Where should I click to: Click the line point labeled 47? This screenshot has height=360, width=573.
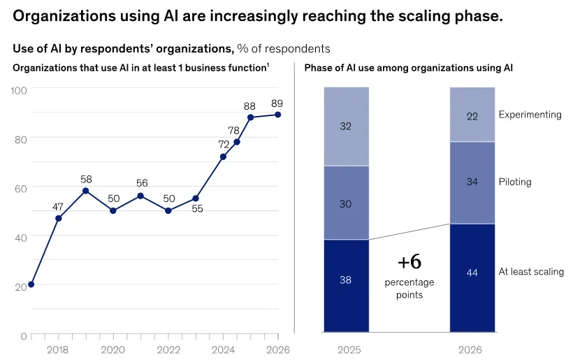(59, 219)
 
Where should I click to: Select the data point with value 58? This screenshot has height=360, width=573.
(85, 191)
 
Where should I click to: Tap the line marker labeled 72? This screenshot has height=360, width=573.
(223, 157)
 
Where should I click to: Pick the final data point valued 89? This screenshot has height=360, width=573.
(277, 115)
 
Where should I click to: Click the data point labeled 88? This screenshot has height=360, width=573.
(250, 117)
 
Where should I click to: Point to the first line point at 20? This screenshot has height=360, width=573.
(31, 285)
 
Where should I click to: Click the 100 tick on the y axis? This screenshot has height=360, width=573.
(19, 90)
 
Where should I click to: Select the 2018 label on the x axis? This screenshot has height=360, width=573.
(57, 350)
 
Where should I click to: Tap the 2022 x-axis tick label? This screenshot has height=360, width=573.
(168, 350)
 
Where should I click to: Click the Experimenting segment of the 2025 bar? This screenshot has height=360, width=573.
(347, 127)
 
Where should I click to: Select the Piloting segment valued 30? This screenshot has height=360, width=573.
(347, 203)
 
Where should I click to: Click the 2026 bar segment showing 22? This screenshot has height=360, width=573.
(472, 115)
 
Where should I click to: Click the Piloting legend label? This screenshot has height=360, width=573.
(515, 182)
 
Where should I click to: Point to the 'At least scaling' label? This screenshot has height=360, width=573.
(531, 271)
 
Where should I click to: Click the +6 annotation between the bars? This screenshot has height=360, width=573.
(409, 261)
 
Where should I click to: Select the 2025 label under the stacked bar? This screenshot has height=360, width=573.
(349, 350)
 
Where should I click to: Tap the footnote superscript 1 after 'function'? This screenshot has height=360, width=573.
(268, 65)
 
